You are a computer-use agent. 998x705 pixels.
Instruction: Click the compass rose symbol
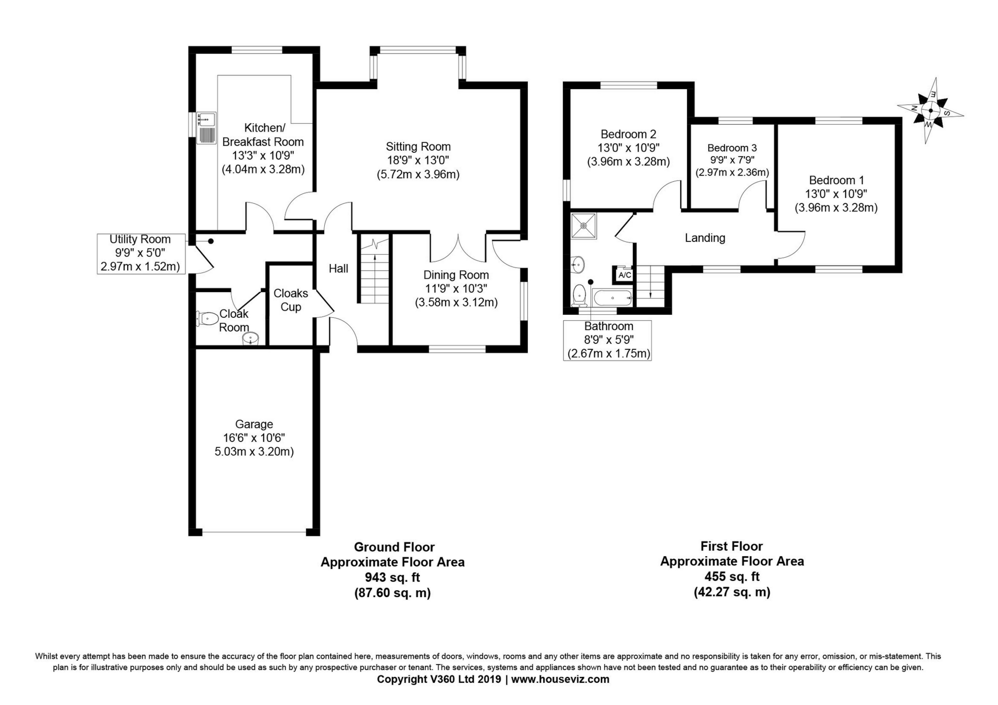930,110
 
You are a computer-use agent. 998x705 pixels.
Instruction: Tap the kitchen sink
206,128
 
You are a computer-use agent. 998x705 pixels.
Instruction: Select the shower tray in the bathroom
584,226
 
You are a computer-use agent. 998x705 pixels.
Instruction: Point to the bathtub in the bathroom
612,298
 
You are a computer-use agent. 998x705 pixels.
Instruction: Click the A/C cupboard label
624,275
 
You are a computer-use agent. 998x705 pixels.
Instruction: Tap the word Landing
705,238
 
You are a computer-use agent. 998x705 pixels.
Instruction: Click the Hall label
339,269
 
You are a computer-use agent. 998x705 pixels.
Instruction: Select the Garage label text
254,424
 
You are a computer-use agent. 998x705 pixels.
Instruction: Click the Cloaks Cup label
291,300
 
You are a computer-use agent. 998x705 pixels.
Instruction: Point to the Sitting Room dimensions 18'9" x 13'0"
418,160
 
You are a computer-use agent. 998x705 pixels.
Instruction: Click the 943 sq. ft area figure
392,577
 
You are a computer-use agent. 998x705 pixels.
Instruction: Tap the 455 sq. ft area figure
732,576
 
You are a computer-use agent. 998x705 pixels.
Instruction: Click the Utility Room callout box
140,253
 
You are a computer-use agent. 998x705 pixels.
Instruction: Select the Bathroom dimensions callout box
607,340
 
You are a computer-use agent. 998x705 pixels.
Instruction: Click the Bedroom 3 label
732,148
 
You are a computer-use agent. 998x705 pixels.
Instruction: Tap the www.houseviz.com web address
560,679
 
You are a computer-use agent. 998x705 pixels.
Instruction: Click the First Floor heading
732,546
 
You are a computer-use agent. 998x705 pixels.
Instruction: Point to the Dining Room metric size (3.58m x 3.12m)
456,302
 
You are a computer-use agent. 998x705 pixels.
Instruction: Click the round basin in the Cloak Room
251,339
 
